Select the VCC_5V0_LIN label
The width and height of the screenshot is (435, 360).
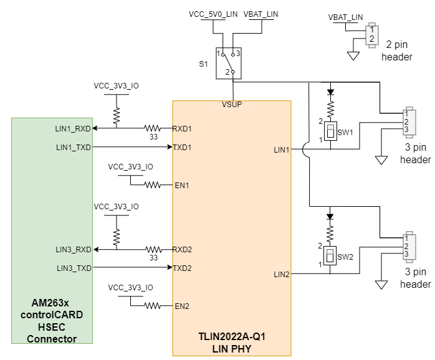[213, 14]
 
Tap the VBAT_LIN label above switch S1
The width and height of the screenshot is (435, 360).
[261, 14]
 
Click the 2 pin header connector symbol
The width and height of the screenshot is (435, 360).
[371, 34]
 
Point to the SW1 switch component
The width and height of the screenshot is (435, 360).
[330, 131]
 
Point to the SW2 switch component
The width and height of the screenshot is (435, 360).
[330, 255]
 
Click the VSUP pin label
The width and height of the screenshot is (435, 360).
[232, 105]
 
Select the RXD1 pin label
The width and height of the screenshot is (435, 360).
[182, 129]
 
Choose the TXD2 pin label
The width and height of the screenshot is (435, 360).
[182, 268]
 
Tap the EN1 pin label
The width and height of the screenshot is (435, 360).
[182, 185]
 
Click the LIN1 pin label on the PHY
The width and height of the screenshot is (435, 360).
[282, 150]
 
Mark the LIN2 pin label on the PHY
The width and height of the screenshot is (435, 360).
[282, 274]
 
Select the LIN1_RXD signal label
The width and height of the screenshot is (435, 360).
[73, 129]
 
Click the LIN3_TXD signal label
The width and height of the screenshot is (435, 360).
[73, 268]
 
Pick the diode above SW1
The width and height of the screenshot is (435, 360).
[330, 92]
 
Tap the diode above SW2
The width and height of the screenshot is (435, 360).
[330, 216]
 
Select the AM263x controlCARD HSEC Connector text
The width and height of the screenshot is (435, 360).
[52, 320]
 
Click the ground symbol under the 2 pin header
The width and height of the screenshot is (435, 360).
[353, 56]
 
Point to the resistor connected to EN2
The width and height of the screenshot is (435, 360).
[153, 306]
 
